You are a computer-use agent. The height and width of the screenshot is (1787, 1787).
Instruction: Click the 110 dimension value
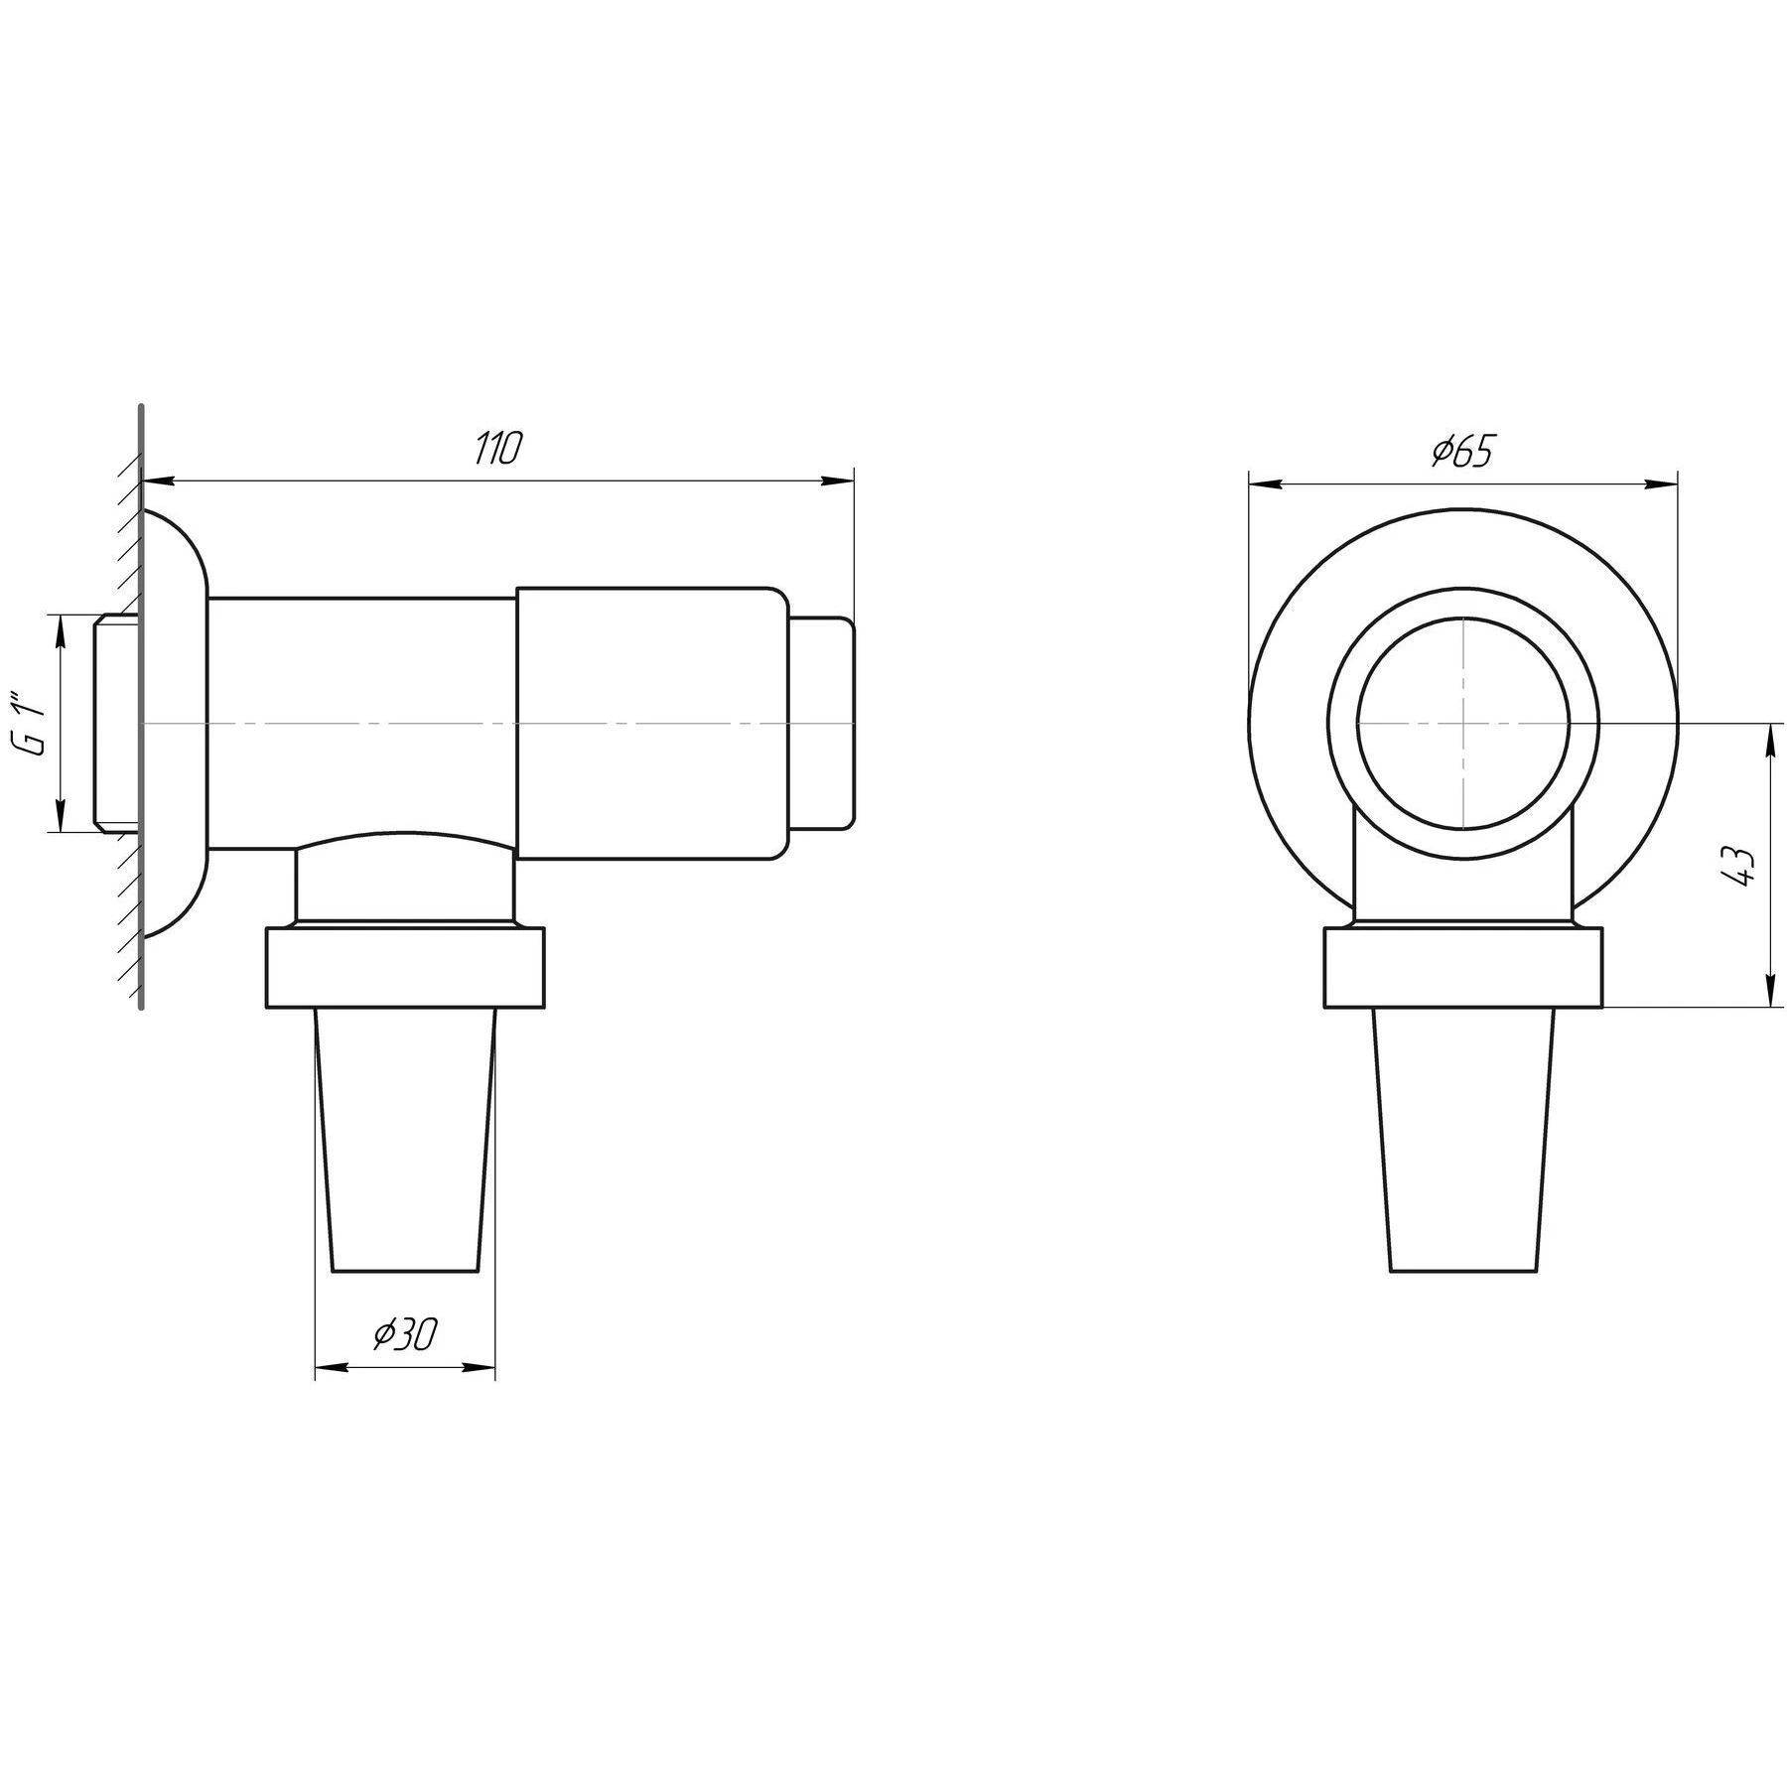click(496, 450)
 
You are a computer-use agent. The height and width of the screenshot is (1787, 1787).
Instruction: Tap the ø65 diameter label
click(1461, 452)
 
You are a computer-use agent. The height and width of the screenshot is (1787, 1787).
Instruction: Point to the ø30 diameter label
click(405, 1334)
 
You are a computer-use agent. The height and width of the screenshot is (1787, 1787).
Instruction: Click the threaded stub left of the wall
click(116, 722)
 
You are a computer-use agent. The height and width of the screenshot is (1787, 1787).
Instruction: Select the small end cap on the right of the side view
click(821, 723)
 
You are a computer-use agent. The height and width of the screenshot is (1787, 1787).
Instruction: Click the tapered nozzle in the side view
click(404, 1140)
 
